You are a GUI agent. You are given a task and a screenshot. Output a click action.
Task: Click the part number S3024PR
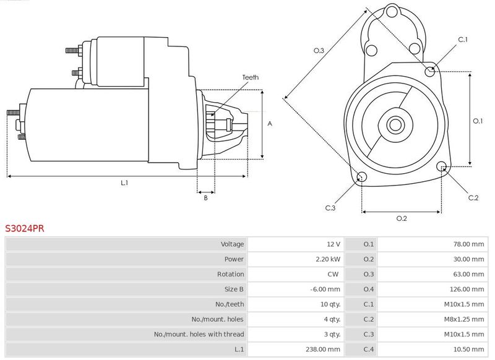25,228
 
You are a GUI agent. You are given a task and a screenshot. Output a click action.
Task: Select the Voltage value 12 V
332,244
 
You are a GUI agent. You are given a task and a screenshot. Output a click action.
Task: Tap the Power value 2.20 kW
327,259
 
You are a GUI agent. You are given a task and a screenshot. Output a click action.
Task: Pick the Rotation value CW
334,274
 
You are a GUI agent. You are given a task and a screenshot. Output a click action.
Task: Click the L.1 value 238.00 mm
324,349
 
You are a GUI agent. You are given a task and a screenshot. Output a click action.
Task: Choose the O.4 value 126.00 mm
469,289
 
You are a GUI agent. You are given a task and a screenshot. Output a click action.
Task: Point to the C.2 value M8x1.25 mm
464,319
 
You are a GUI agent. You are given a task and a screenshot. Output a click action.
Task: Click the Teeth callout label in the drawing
250,77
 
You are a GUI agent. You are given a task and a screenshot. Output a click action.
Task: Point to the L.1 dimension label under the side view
124,182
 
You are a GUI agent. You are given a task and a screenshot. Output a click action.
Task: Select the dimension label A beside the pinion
270,124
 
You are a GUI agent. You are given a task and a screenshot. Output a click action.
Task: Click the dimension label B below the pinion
205,198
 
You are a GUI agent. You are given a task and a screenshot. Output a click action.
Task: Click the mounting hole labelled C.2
442,167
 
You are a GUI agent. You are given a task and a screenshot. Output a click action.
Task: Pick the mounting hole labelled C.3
363,178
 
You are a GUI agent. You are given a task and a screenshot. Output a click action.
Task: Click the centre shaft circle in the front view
395,124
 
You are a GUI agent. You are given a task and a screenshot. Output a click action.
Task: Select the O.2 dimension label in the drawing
401,218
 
